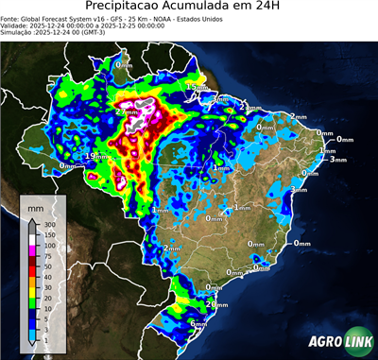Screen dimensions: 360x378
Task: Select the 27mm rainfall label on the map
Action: tap(126, 111)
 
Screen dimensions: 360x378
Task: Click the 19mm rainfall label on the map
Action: tap(95, 156)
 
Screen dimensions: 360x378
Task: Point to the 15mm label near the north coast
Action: tap(196, 87)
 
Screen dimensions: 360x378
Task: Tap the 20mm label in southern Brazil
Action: tap(219, 304)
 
